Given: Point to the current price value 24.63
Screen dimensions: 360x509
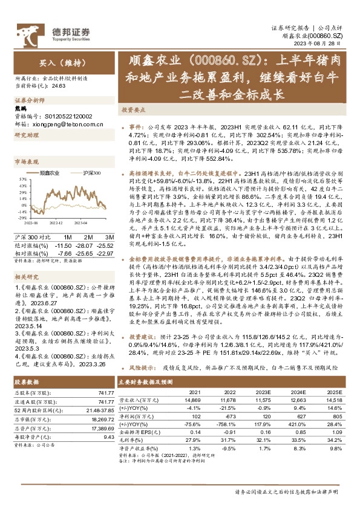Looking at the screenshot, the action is [x=59, y=86].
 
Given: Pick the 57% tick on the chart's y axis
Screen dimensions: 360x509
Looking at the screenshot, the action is [x=21, y=180].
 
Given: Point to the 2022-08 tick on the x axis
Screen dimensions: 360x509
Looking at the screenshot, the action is [x=34, y=222].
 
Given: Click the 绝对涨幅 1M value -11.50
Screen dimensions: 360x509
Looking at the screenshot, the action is [x=64, y=245].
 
